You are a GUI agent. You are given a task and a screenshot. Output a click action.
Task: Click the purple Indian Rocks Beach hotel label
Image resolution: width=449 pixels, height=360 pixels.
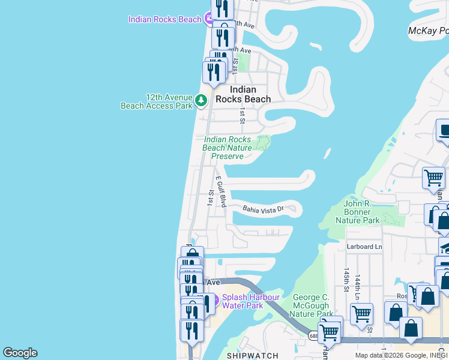[x=164, y=19]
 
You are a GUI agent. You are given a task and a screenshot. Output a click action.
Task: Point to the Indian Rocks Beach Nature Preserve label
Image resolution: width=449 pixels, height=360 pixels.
[x=227, y=148]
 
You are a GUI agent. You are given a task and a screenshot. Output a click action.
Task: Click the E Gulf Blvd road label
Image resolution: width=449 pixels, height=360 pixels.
[x=221, y=191]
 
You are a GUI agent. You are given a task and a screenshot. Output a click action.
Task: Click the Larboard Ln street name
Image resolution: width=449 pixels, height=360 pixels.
[x=364, y=247]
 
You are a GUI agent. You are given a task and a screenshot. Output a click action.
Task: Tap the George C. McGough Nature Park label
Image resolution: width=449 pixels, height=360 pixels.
[x=313, y=305]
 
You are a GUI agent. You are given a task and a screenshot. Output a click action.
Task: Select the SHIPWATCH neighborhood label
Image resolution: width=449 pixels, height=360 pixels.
[x=252, y=356]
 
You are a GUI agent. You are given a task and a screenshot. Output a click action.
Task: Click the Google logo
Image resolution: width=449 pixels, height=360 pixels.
[x=20, y=353]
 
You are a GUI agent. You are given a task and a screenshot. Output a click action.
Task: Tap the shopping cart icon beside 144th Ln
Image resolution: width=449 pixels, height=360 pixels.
[x=362, y=313]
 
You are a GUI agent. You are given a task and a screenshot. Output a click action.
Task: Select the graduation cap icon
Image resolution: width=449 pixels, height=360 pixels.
[x=445, y=246]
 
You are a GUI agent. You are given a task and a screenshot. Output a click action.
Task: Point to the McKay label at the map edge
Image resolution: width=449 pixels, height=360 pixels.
[x=427, y=31]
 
